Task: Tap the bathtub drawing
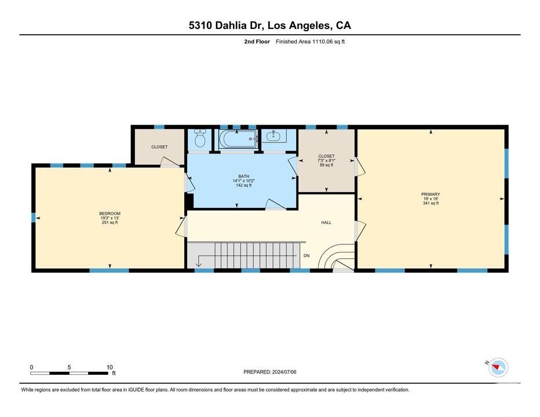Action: pos(238,139)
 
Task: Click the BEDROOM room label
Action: pos(110,214)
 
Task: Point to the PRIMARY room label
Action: pos(430,194)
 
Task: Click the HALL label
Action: pos(326,222)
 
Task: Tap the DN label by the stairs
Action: pos(307,255)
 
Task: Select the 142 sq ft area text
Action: pos(243,185)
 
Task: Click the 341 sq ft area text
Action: pos(430,203)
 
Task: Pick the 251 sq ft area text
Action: pos(110,222)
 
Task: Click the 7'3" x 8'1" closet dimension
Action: pos(326,160)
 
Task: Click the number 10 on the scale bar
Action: pos(110,367)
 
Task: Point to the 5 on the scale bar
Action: pos(69,367)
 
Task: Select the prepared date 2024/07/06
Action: pos(284,372)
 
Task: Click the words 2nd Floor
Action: pos(257,42)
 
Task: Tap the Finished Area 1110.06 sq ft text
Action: pos(311,42)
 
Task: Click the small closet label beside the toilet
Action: pos(159,147)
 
